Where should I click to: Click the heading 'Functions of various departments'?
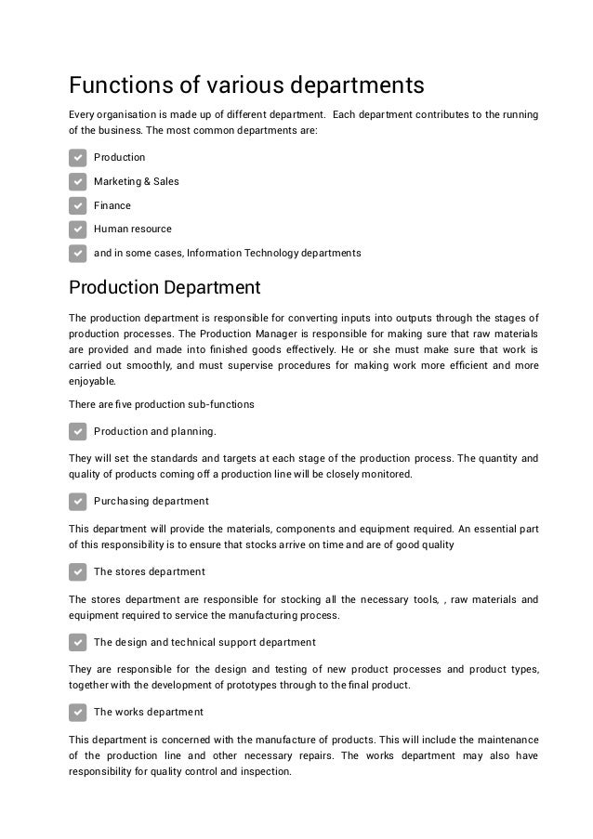pos(246,85)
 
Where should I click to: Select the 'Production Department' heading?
pos(165,287)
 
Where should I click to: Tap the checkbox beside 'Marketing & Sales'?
pos(78,181)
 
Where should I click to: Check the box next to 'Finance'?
pos(78,205)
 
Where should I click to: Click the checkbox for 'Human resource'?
pos(78,229)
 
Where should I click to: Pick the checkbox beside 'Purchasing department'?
pos(78,501)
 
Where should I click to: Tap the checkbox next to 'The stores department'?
pos(78,571)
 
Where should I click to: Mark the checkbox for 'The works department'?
pos(78,713)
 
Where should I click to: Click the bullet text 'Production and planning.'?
pos(155,431)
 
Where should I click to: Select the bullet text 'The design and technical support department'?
pos(204,642)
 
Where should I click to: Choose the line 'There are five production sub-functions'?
pos(162,404)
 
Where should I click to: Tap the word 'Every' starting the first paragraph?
pos(84,114)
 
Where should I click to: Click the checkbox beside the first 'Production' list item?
pos(78,158)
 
